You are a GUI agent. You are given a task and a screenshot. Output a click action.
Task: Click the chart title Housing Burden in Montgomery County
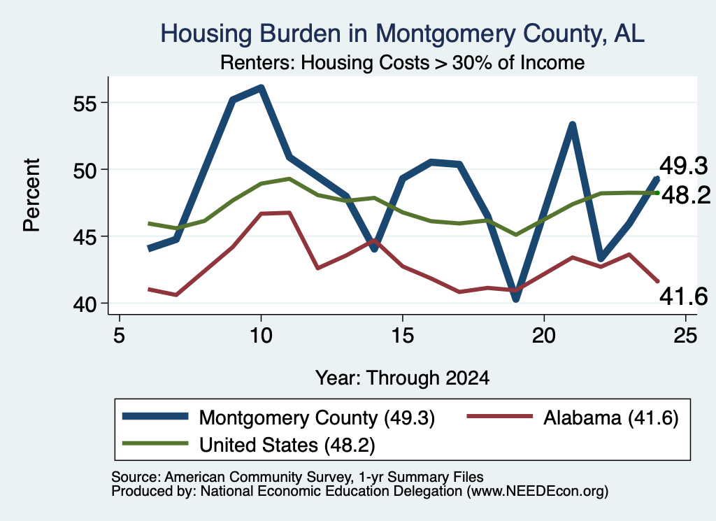click(402, 34)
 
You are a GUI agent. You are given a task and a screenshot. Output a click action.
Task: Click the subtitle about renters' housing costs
click(402, 62)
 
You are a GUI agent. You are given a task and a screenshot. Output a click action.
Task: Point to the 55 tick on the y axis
click(85, 104)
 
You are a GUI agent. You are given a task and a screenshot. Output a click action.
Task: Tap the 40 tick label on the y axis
click(85, 305)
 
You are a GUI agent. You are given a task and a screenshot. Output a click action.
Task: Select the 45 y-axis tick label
click(85, 238)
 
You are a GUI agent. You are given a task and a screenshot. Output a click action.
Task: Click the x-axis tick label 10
click(261, 336)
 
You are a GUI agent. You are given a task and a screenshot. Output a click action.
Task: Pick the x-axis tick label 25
click(685, 336)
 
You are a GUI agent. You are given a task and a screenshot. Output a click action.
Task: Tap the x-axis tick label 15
click(402, 336)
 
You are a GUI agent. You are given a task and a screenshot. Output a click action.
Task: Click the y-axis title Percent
click(31, 195)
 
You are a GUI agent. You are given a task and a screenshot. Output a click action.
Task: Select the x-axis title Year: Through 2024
click(402, 378)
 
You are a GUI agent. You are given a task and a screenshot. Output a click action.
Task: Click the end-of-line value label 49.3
click(683, 166)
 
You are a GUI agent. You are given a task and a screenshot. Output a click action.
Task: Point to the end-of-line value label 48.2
click(686, 195)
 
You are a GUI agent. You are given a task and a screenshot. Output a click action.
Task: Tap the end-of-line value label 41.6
click(683, 297)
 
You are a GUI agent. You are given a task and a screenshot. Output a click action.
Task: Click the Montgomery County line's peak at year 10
click(261, 87)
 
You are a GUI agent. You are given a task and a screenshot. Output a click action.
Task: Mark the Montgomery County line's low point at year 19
click(515, 298)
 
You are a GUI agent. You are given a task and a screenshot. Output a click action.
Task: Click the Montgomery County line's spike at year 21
click(572, 124)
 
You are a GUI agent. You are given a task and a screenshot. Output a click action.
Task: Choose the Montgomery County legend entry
click(278, 417)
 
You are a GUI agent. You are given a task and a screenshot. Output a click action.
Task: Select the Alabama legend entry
click(573, 417)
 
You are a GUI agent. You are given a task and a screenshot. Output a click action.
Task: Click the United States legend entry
click(248, 445)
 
